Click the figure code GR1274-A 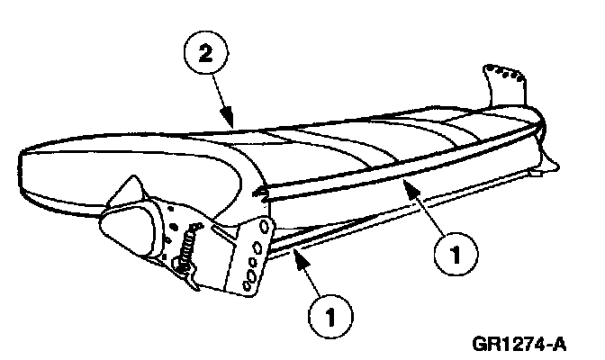pyautogui.click(x=525, y=343)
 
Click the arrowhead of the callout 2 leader pyautogui.click(x=232, y=121)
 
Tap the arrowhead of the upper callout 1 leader pyautogui.click(x=404, y=184)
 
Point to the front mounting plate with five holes pyautogui.click(x=251, y=256)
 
